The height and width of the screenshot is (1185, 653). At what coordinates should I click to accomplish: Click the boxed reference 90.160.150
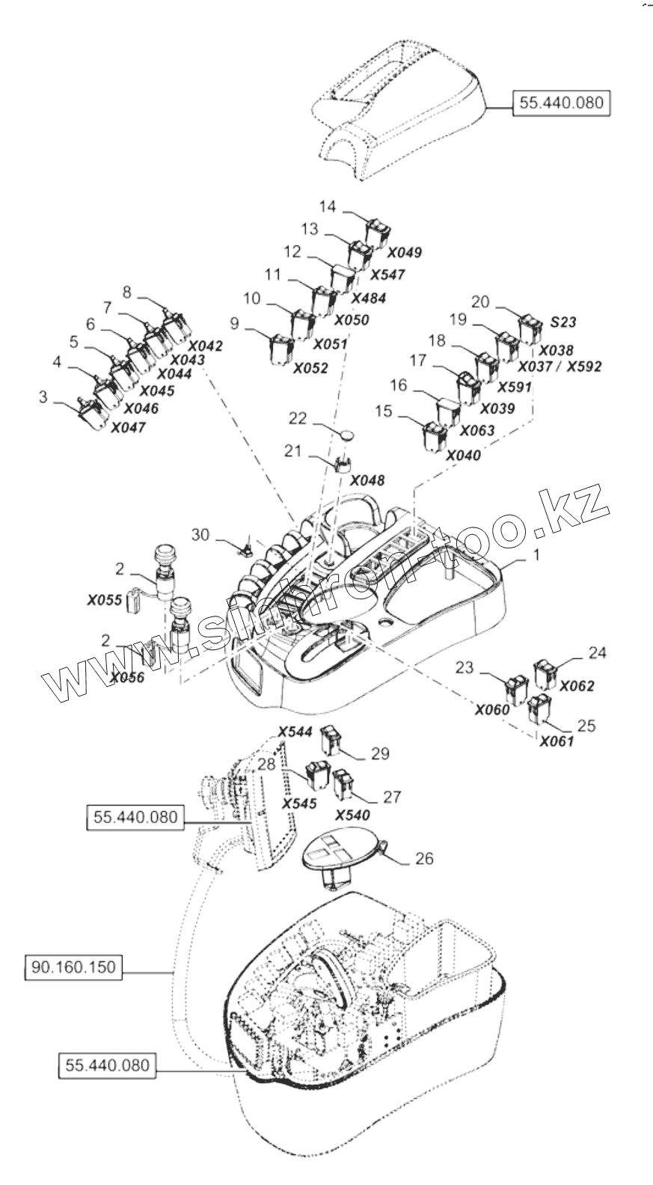click(73, 967)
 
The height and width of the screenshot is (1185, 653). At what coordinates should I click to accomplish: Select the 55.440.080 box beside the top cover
click(561, 102)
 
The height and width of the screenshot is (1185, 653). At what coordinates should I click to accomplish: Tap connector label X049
click(405, 252)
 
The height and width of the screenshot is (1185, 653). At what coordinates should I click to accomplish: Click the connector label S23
click(563, 322)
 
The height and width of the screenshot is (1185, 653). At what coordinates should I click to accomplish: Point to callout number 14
click(328, 206)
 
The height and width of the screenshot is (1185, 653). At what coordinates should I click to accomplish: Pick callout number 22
click(298, 418)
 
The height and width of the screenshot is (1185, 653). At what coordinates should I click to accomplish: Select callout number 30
click(200, 535)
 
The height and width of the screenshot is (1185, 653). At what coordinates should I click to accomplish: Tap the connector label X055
click(104, 599)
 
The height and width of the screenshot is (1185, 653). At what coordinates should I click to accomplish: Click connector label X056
click(126, 678)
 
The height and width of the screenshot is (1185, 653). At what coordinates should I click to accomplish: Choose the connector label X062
click(577, 685)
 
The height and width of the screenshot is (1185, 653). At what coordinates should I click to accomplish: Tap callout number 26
click(424, 859)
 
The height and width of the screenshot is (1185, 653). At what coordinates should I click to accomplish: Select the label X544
click(295, 732)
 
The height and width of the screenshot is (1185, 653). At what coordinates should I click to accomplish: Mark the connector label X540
click(352, 815)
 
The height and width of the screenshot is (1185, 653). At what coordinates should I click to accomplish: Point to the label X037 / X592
click(560, 367)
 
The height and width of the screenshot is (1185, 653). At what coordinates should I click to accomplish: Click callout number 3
click(43, 396)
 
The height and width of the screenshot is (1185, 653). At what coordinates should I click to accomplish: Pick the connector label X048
click(367, 480)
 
